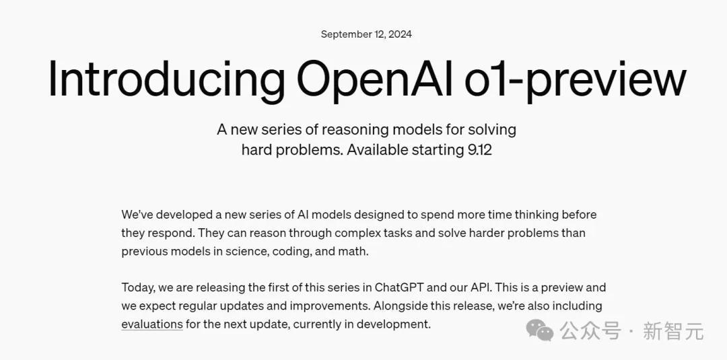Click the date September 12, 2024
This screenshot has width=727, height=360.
(x=366, y=34)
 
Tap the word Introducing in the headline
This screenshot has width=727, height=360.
(x=166, y=79)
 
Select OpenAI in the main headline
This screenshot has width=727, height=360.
(x=374, y=79)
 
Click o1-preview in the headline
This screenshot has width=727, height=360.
(x=576, y=79)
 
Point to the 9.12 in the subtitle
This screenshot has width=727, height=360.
(x=480, y=150)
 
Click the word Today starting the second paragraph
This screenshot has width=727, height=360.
(x=138, y=288)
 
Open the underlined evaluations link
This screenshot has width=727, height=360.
(x=152, y=324)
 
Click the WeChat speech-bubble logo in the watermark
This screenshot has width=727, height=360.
(x=539, y=330)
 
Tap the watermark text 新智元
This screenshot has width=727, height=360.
(x=673, y=331)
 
